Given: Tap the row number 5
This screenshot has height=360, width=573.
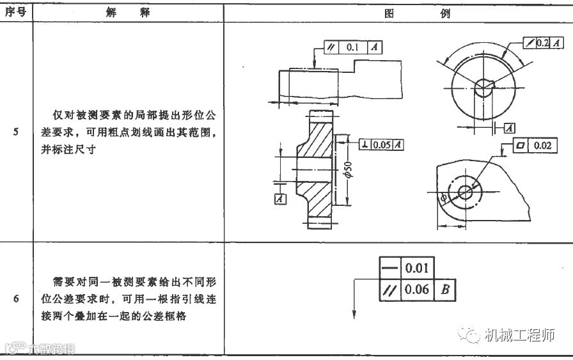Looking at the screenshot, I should pos(15,133).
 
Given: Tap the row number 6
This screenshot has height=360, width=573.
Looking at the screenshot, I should pos(15,299).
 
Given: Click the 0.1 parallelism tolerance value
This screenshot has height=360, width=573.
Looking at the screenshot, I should pos(352,48).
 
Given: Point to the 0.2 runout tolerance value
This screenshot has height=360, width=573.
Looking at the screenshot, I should pos(543,42).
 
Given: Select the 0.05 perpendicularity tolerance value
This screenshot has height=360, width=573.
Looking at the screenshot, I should pos(382,145).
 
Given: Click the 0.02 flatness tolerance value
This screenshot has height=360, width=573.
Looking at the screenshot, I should pos(542,146).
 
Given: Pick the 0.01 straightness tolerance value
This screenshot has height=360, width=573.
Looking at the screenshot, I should pos(416,267).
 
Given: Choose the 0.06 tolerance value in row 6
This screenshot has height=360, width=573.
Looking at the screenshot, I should pos(416,290).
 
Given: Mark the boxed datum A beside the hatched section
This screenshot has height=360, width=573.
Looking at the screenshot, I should pos(279,200).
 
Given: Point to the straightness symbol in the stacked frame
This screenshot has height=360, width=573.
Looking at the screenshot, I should pos(388,267).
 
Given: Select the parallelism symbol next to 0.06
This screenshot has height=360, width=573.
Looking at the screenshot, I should pos(388,290).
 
